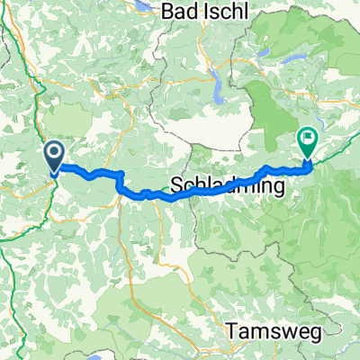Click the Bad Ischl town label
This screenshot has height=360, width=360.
206,12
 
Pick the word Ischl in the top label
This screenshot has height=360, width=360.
226,12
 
